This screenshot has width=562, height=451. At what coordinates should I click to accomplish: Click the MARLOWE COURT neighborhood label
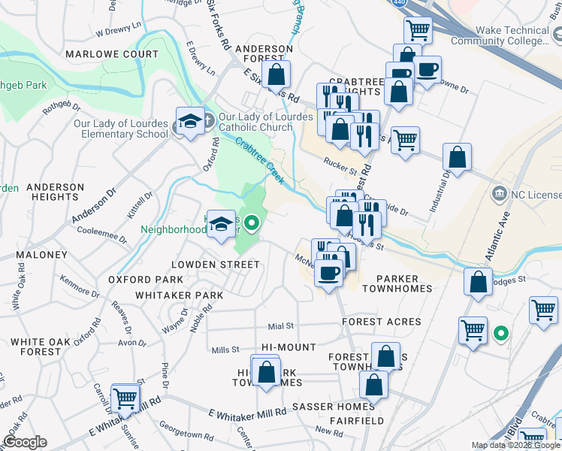112,54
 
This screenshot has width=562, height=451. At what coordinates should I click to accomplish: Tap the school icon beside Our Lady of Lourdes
191,122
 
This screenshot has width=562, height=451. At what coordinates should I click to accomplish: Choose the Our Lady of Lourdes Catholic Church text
265,122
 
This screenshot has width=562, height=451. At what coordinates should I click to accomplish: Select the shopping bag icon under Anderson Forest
276,75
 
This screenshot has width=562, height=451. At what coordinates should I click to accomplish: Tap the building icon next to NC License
498,195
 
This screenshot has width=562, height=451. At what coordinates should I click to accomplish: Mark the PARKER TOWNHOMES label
397,289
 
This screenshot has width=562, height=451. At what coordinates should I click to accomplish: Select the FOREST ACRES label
382,322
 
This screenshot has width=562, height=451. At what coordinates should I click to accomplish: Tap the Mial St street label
280,326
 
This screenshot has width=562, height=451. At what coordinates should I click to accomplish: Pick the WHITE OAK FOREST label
36,347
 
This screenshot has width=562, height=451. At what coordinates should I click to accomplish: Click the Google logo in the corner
25,443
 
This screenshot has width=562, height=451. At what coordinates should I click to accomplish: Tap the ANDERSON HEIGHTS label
55,192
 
